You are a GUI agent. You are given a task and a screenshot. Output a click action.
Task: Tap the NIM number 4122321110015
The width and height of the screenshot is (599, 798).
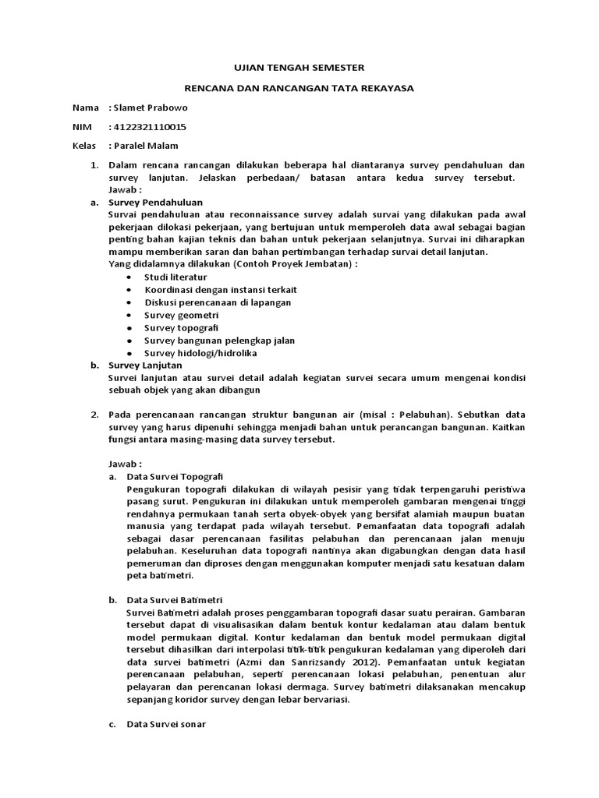coord(150,127)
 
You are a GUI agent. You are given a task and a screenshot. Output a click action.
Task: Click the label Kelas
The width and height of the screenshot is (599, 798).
coord(83,146)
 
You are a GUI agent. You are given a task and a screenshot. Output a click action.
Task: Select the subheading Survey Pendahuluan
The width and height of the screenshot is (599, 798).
coord(155,201)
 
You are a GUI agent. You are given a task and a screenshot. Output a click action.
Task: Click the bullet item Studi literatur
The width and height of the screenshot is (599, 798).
coord(175,277)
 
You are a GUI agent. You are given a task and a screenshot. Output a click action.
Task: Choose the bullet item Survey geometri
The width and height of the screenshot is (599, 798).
coord(182,315)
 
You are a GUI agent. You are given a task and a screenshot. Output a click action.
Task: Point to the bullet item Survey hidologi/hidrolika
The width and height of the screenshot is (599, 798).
coord(203,352)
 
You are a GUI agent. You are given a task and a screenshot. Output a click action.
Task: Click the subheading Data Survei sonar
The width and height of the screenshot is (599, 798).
coord(165,725)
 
